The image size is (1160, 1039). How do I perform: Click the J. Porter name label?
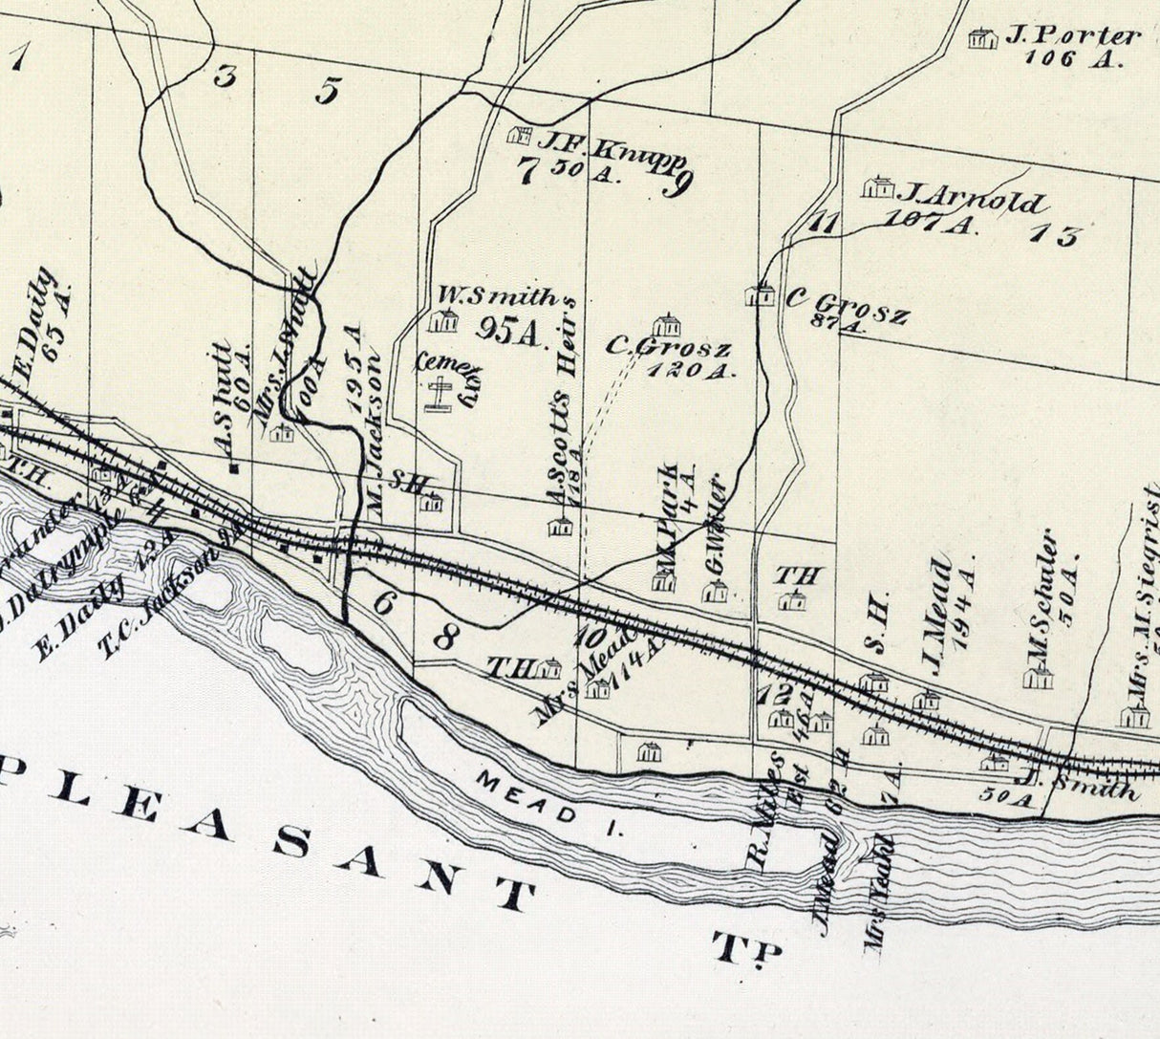(x=1072, y=36)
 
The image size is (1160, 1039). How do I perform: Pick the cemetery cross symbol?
(x=440, y=394)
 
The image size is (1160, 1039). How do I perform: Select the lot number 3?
(x=225, y=76)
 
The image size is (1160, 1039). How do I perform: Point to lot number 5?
(x=327, y=91)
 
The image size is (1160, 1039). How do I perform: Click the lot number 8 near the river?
(x=444, y=638)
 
